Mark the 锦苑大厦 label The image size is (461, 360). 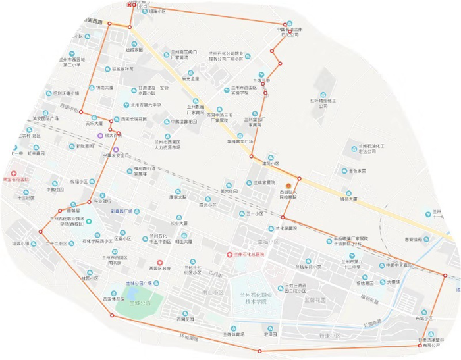pyautogui.click(x=348, y=198)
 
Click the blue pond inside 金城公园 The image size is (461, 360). pyautogui.click(x=134, y=290)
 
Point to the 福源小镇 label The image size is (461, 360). pyautogui.click(x=20, y=244)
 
